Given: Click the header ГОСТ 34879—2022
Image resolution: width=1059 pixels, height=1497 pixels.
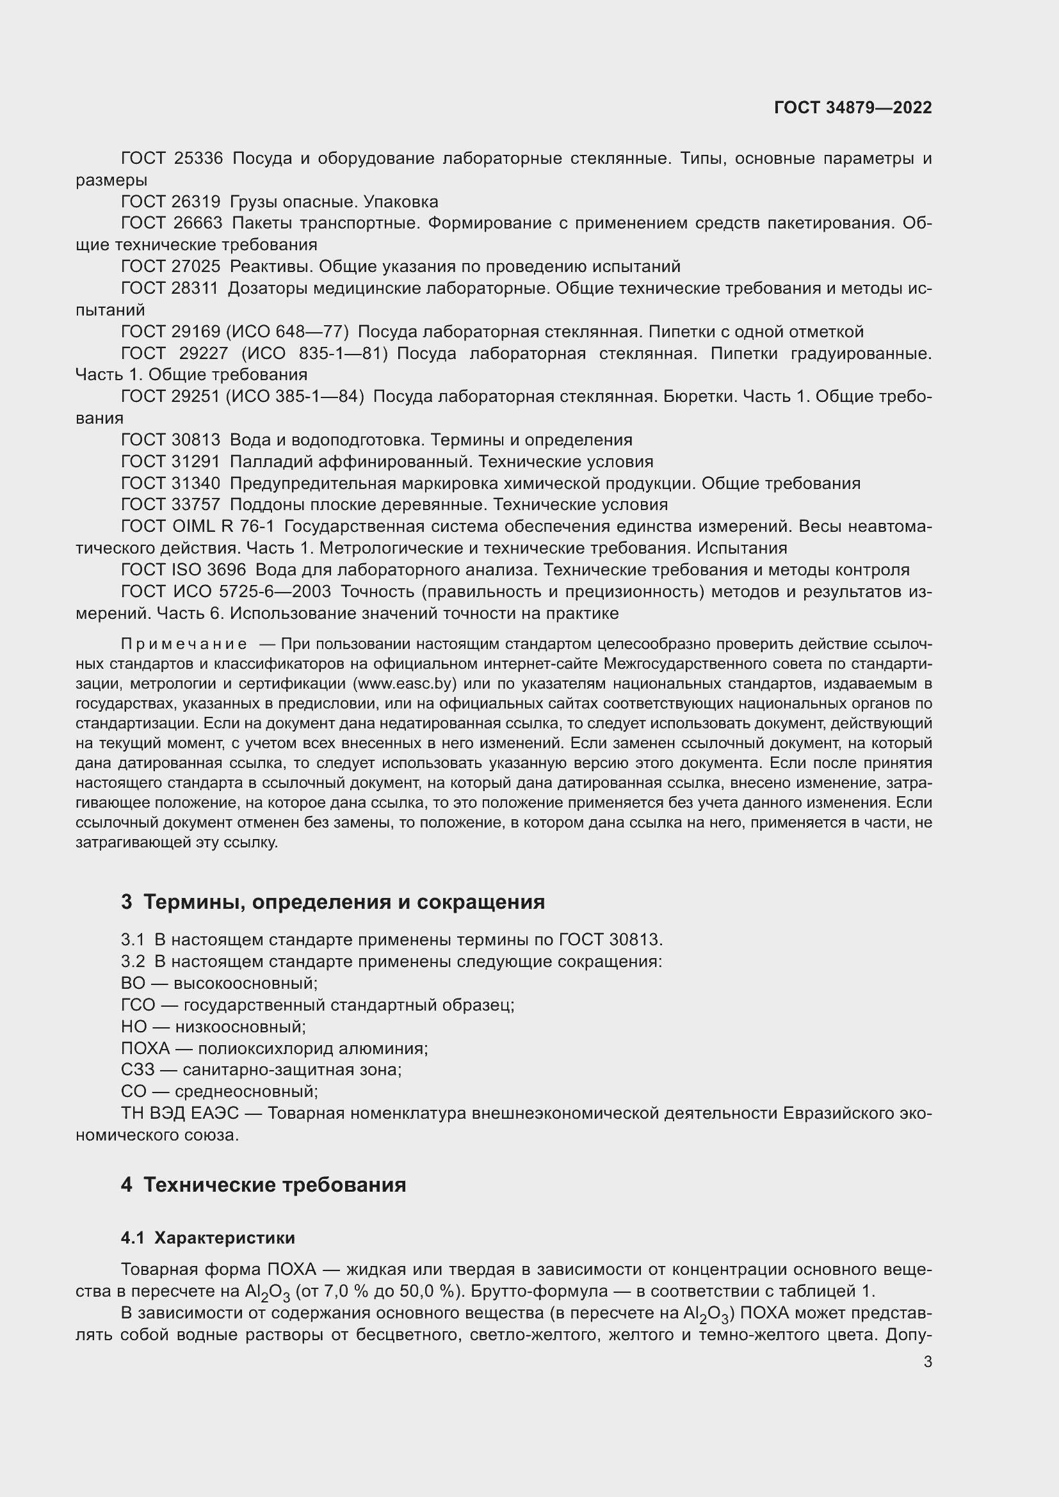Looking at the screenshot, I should tap(852, 108).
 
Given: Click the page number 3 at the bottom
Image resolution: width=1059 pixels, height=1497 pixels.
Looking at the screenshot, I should tap(927, 1361).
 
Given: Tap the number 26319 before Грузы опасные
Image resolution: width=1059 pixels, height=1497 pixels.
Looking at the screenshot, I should tap(196, 202).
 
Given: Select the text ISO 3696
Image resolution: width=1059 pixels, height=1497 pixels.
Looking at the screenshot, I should tap(209, 570).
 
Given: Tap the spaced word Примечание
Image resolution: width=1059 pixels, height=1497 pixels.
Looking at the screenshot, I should tap(184, 644).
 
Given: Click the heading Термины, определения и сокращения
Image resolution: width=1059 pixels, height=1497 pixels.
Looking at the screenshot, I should tap(344, 902).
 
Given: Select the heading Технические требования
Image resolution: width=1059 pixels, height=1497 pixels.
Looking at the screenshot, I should tap(275, 1184).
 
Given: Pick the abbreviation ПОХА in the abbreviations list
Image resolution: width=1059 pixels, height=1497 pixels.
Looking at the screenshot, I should tap(145, 1048).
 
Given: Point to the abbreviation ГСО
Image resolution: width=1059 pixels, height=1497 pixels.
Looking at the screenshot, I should tap(138, 1005).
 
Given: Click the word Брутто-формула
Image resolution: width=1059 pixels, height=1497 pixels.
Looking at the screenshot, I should tap(538, 1291).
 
